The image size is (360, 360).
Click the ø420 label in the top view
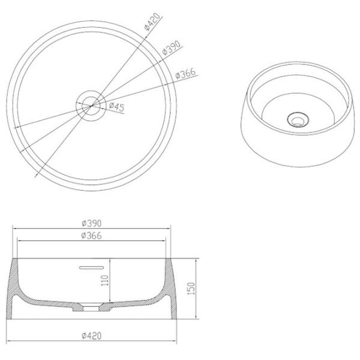tap(152, 22)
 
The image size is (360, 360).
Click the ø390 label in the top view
tap(171, 48)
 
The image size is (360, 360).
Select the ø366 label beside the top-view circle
tap(186, 73)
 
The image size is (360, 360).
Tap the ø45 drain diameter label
tap(116, 107)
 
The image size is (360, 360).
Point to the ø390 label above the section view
tap(92, 223)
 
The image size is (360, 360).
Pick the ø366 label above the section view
tap(91, 236)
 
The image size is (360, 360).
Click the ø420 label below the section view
tap(91, 336)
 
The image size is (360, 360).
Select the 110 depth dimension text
tap(104, 280)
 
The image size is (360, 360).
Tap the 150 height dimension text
tap(191, 289)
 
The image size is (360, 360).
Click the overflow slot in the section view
tap(92, 268)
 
